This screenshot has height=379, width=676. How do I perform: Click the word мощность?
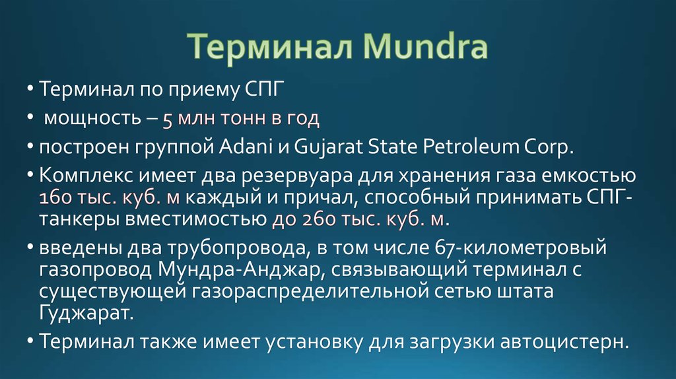pos(90,119)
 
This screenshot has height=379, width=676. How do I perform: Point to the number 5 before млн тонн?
pos(168,120)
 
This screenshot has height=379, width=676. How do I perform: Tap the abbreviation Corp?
pos(549,147)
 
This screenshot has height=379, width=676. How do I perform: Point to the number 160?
pos(57,198)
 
